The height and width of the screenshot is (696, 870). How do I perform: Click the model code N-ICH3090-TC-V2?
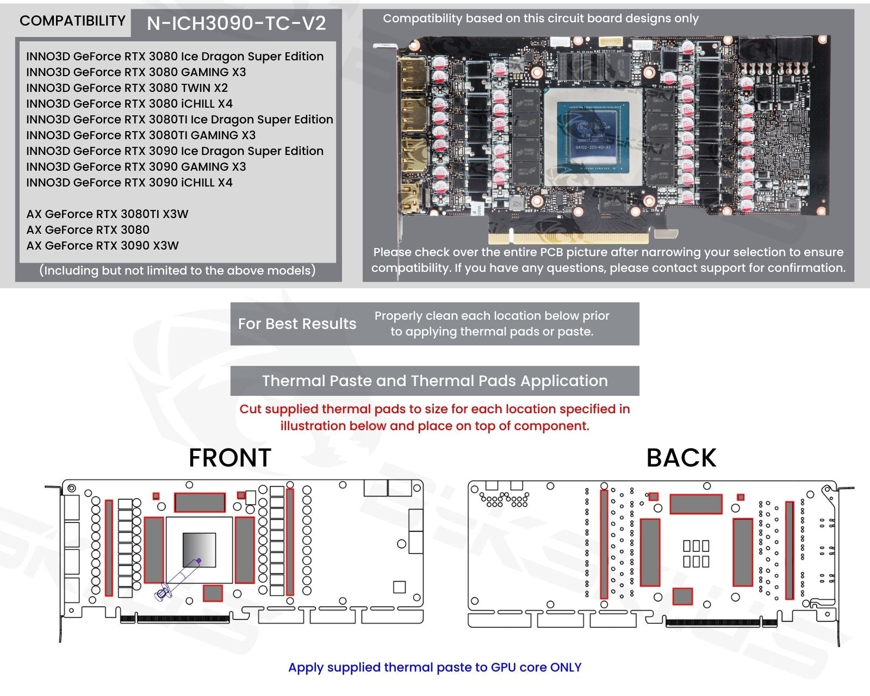click(x=236, y=23)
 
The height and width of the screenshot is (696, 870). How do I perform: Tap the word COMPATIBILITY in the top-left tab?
click(x=72, y=21)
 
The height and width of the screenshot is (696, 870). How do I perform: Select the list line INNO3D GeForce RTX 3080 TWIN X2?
click(x=127, y=88)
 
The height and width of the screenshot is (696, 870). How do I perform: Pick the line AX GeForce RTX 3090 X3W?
click(x=102, y=246)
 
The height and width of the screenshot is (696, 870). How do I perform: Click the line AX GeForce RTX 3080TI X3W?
click(x=107, y=214)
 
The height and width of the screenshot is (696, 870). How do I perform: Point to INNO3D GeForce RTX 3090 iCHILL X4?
click(x=129, y=183)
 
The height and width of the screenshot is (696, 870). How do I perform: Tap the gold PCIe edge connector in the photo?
click(x=569, y=238)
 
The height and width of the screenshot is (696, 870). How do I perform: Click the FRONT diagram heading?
click(x=229, y=458)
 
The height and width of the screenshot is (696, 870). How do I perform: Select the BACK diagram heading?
click(x=681, y=458)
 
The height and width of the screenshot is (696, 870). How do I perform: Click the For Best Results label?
click(x=297, y=324)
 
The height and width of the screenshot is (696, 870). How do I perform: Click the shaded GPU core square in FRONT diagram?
click(x=199, y=550)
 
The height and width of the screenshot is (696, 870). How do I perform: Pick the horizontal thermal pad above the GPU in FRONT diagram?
click(x=200, y=502)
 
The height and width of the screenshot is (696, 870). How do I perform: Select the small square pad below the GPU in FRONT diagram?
click(x=213, y=593)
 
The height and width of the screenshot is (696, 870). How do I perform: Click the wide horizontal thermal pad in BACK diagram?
click(x=695, y=504)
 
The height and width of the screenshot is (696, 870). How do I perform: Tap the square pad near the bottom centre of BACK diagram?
click(x=682, y=596)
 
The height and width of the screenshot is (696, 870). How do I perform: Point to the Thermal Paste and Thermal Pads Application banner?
click(x=434, y=381)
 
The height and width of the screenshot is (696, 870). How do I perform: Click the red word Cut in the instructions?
click(x=250, y=409)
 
